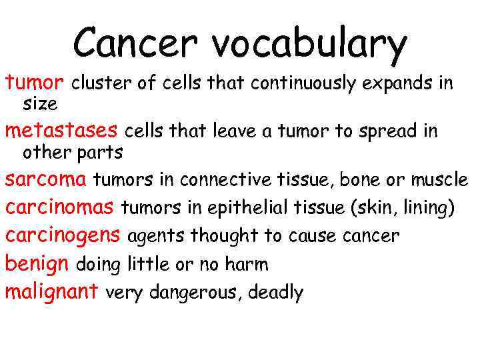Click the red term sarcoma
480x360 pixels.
[x=46, y=179]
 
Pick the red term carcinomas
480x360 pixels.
[x=59, y=207]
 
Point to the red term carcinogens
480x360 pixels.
[x=63, y=236]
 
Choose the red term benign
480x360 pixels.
[x=37, y=264]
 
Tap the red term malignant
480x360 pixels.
[x=52, y=291]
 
